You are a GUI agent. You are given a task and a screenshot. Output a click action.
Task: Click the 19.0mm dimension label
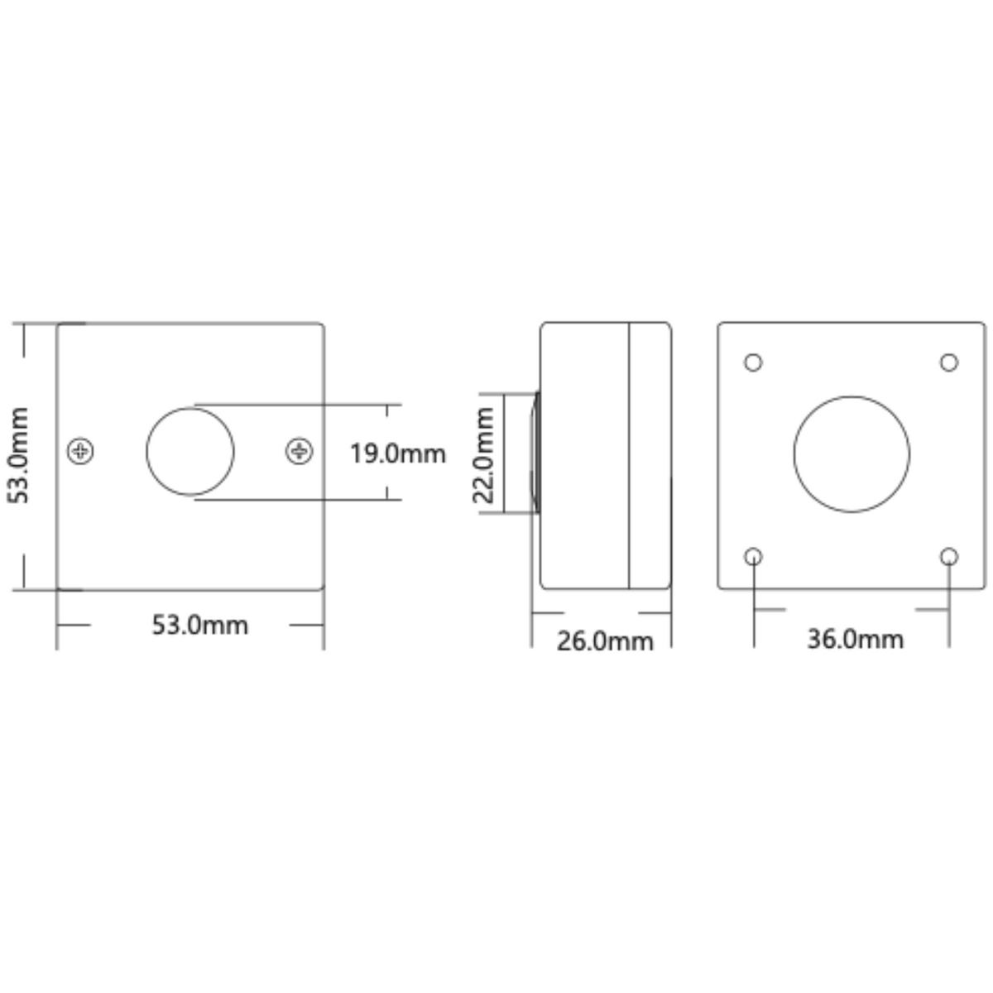click(398, 454)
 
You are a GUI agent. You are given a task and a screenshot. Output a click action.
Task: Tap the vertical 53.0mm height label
click(18, 455)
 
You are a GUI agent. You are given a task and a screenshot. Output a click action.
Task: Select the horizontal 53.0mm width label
click(200, 625)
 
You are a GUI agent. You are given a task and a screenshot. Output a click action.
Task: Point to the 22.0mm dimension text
click(483, 455)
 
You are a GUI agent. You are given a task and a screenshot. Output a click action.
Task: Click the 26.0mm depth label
click(605, 641)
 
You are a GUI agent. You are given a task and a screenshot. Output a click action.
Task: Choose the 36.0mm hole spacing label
click(856, 640)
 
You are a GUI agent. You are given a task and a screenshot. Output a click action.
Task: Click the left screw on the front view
click(80, 452)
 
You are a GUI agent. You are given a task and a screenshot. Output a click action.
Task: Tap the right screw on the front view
click(299, 452)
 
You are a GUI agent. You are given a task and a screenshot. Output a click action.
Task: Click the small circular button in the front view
click(190, 408)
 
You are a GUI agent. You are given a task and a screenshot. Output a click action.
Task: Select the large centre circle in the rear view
click(851, 396)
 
